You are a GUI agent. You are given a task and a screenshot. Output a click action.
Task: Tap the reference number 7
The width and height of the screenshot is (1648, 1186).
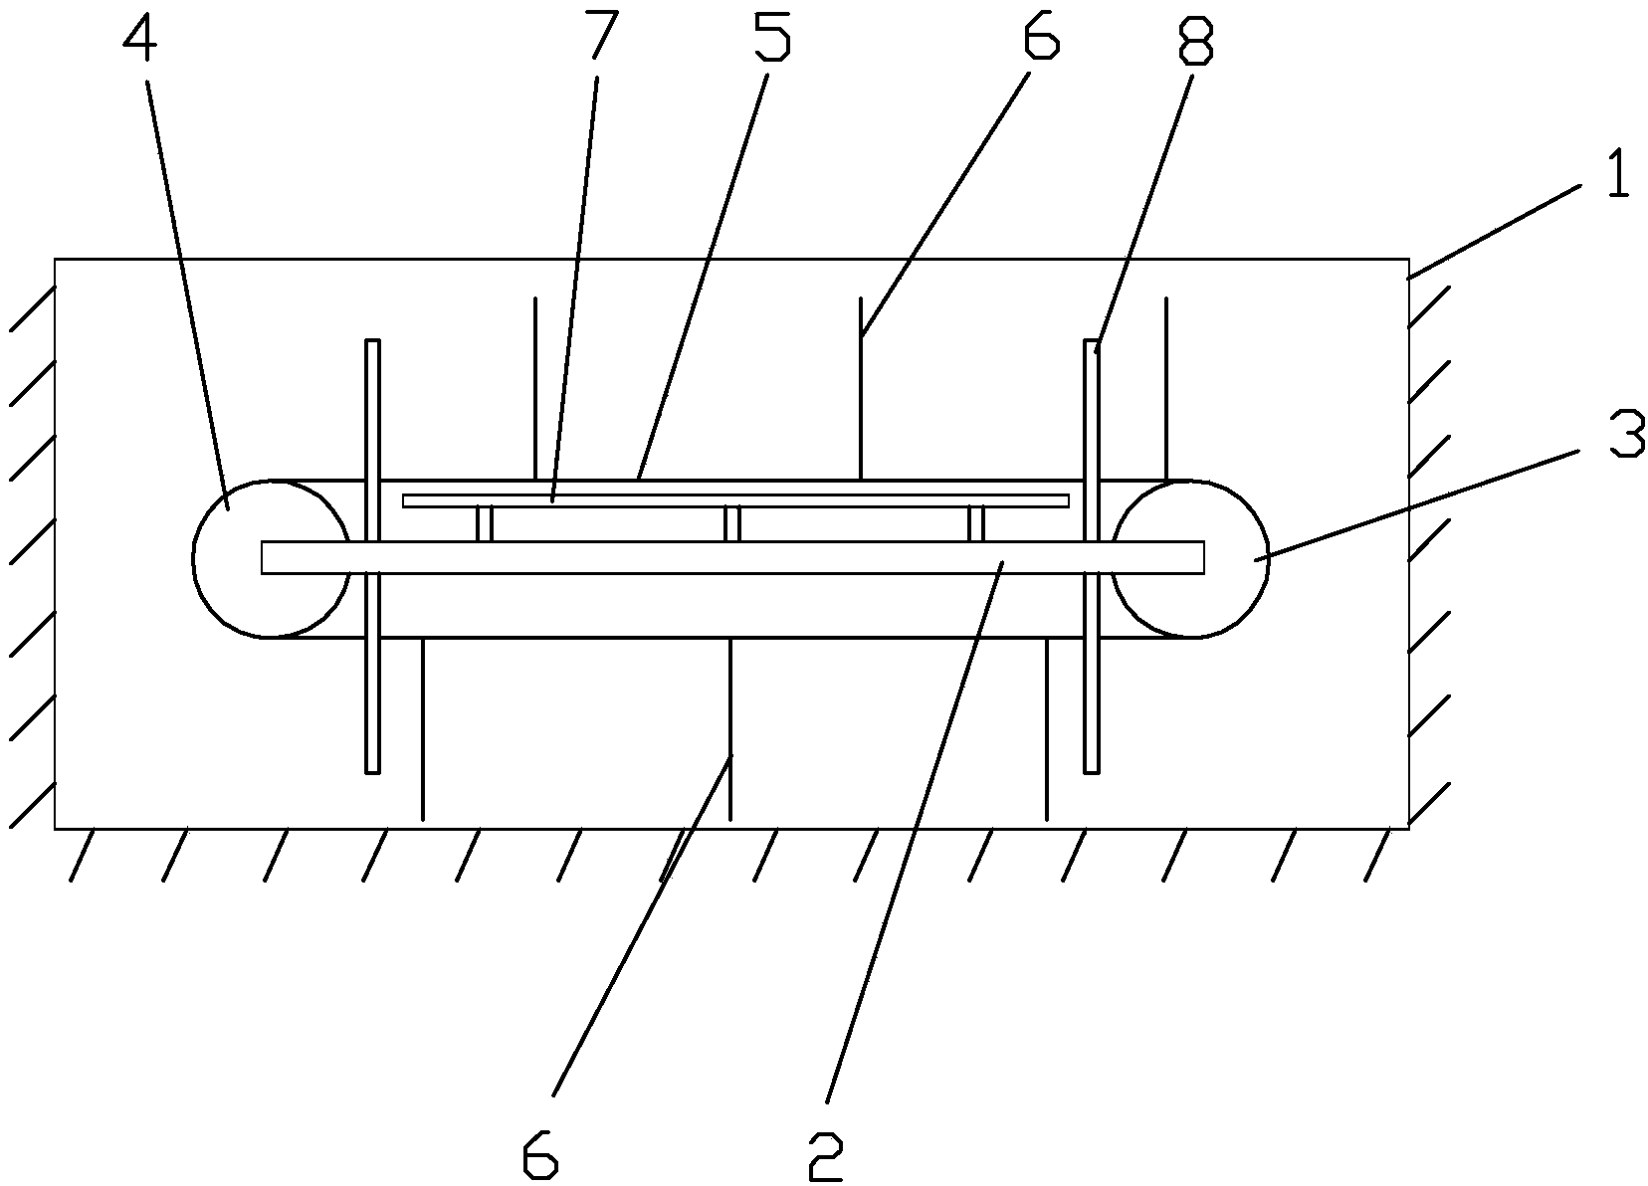point(602,34)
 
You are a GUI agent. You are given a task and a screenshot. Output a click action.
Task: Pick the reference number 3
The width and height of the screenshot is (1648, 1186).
point(1627,434)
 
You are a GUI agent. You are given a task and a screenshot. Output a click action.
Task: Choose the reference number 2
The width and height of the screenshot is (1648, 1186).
point(825,1156)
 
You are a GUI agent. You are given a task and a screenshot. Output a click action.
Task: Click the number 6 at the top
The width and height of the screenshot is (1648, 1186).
point(1040,34)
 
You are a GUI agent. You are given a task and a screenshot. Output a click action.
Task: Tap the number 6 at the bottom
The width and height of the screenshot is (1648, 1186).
point(540,1156)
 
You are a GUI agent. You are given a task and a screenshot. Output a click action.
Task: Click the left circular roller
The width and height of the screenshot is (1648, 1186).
point(194,559)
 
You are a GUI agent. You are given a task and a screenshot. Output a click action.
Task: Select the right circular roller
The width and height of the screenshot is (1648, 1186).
point(1269,559)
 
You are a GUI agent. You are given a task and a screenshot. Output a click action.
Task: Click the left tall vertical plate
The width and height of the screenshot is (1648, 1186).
point(373,556)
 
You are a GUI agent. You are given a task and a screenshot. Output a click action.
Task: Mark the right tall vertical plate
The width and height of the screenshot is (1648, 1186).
point(1092,556)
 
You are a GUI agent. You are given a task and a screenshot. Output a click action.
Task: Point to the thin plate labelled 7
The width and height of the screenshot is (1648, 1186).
point(735,501)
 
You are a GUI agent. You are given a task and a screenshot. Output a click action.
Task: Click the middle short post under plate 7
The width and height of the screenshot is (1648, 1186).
point(731,523)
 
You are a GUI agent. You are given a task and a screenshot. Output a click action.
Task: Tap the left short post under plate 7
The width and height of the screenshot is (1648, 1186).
point(484,523)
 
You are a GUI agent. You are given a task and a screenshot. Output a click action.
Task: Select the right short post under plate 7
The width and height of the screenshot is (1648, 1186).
point(976,523)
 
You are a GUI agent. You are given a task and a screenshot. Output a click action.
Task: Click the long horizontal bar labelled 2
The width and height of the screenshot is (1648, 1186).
point(732,557)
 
